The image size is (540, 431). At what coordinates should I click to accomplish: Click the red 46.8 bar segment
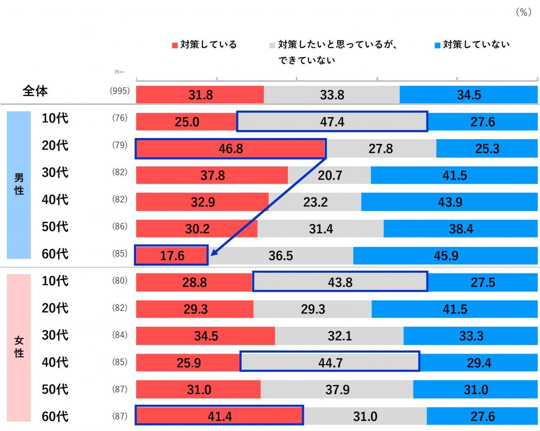(x=230, y=149)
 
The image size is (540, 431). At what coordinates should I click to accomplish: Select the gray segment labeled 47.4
(x=332, y=122)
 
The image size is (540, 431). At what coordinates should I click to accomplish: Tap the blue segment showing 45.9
(x=446, y=256)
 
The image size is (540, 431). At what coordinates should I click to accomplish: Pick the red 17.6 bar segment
(x=172, y=256)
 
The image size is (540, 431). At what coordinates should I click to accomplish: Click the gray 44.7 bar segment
(x=330, y=363)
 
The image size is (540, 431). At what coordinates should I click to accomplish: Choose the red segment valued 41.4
(x=219, y=416)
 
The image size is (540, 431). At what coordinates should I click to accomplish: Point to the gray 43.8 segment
(x=340, y=282)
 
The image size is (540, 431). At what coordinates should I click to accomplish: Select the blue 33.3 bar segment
(x=471, y=336)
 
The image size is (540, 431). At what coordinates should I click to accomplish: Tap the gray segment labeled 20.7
(x=329, y=175)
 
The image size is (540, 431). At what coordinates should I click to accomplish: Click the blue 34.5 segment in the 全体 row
(x=469, y=95)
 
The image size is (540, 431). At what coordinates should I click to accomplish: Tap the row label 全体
(x=35, y=91)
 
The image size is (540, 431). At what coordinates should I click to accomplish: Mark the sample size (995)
(x=120, y=91)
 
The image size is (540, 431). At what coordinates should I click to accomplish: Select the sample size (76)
(x=120, y=118)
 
